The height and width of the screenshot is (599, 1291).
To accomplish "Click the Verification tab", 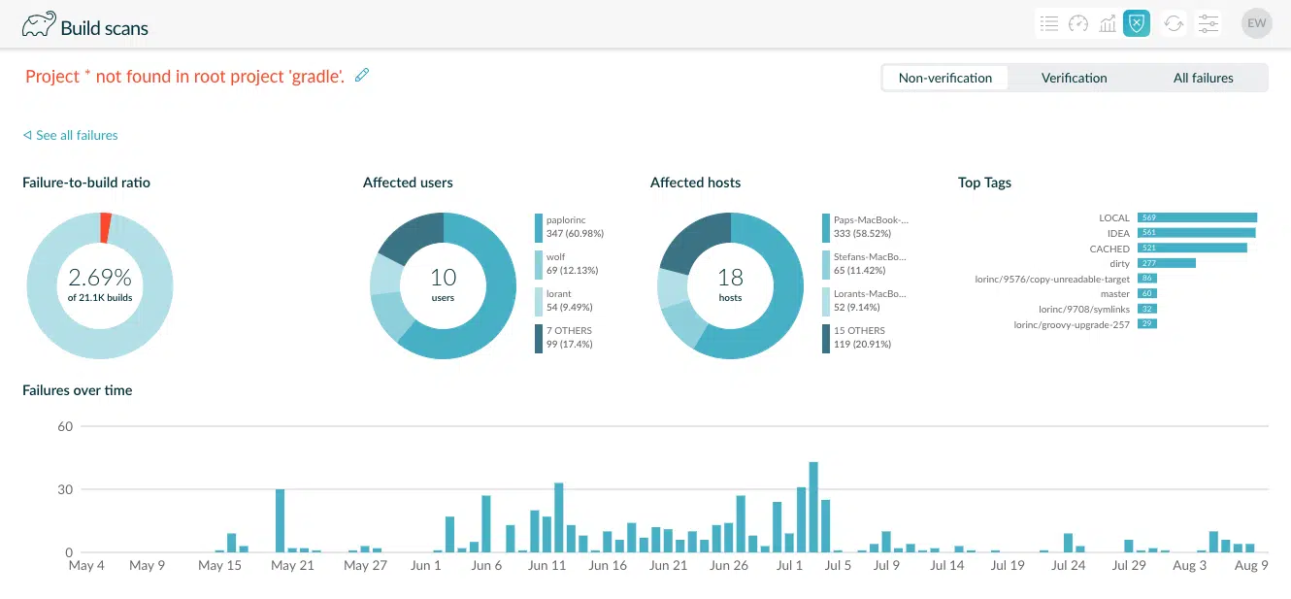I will click(x=1074, y=78).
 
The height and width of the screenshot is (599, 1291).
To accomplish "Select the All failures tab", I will click(x=1203, y=78).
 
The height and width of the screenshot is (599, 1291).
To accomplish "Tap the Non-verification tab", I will click(x=944, y=78).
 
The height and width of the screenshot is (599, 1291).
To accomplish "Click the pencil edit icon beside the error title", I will click(x=362, y=75).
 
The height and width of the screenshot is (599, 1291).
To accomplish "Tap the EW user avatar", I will click(x=1256, y=23).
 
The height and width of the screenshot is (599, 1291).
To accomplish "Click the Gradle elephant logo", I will click(x=38, y=24).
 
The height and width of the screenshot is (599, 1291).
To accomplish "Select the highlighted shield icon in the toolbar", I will click(x=1136, y=23).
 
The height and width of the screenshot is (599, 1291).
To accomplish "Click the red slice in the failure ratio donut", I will click(x=106, y=227).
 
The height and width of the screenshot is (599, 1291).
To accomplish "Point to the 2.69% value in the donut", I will click(x=100, y=277).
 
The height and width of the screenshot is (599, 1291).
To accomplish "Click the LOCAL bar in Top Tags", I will click(x=1197, y=217).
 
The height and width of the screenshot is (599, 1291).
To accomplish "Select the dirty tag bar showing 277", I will click(x=1166, y=263).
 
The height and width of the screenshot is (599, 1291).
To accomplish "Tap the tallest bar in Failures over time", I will click(x=813, y=507).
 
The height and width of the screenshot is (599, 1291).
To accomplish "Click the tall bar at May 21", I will click(x=280, y=520).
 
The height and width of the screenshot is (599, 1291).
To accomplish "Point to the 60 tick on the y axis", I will click(x=65, y=426).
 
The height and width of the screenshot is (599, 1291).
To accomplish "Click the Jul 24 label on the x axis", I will click(x=1068, y=565).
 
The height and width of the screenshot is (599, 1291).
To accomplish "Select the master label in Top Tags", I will click(x=1114, y=293).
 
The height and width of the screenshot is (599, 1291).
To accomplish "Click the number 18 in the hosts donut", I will click(x=730, y=279).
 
